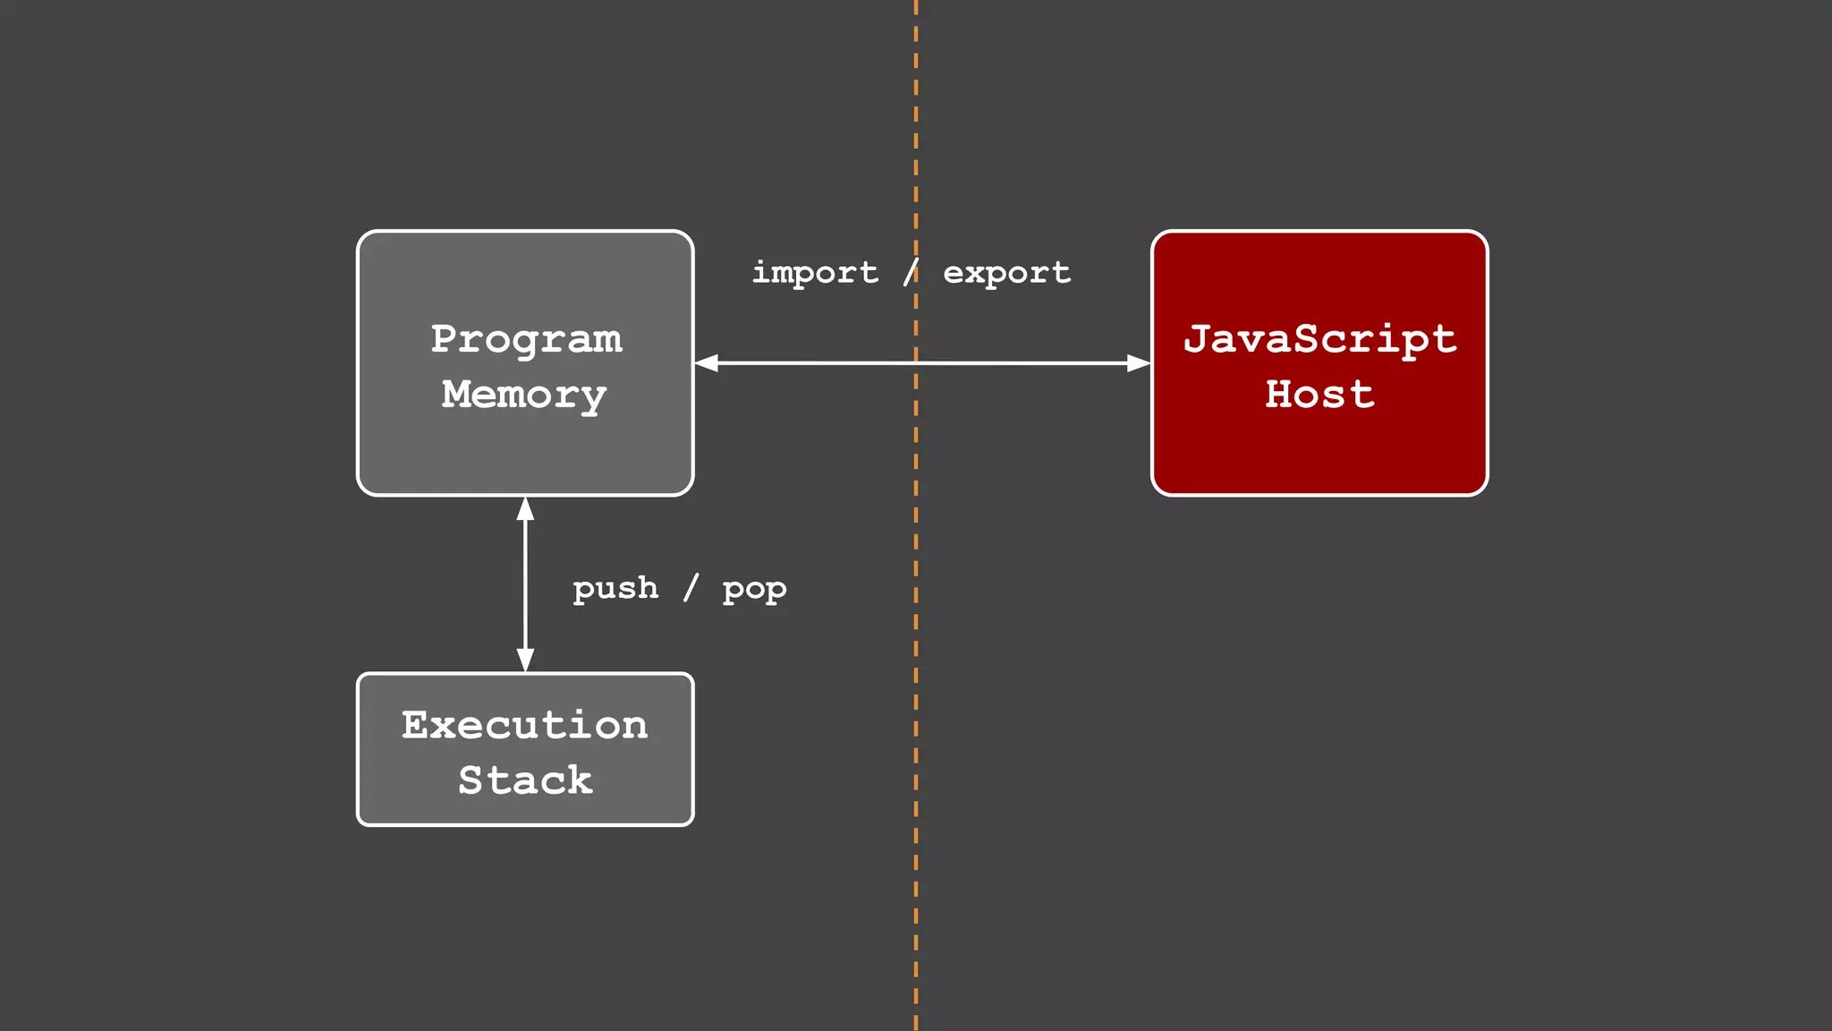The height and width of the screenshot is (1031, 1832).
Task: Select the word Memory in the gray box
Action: click(524, 395)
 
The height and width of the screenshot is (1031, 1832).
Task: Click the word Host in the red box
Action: click(1319, 395)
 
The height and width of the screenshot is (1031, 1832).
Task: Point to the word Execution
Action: click(524, 725)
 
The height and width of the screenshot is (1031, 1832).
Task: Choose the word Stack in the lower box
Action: click(525, 780)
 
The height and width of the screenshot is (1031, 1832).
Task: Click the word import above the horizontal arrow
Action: click(815, 273)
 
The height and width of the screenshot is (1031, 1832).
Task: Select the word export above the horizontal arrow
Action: click(1006, 273)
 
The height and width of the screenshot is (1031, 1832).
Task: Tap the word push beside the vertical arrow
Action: click(615, 589)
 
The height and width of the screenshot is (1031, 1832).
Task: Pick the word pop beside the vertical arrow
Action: click(754, 590)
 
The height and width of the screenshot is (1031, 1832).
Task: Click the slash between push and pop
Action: click(691, 588)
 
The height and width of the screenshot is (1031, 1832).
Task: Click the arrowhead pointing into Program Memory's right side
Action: click(707, 363)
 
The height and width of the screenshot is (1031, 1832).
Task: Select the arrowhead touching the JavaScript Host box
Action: click(1138, 363)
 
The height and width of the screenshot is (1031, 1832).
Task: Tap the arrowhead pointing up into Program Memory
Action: click(526, 509)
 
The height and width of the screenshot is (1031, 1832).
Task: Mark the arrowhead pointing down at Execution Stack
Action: click(526, 660)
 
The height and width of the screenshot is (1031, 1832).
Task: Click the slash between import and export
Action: click(911, 272)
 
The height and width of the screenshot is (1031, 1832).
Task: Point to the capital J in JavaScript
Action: click(1197, 339)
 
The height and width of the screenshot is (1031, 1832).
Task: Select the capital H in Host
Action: click(1279, 395)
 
